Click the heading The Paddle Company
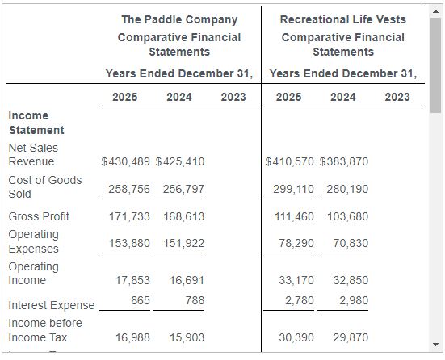pos(179,19)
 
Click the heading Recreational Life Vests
pos(343,19)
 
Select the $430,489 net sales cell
pos(126,161)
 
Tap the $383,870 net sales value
pos(344,161)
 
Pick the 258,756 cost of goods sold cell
pos(129,189)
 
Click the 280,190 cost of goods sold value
pos(347,189)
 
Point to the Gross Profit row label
pos(39,216)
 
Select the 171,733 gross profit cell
pos(129,216)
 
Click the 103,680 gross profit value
pos(347,216)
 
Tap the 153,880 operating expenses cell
pos(129,243)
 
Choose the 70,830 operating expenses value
pos(351,243)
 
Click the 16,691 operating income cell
pos(187,280)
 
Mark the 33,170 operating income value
pos(296,280)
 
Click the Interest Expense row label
pos(52,305)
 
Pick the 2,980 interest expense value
pos(354,300)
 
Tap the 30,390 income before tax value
pos(296,337)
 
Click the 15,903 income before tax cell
pos(187,337)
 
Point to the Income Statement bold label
pos(36,123)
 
